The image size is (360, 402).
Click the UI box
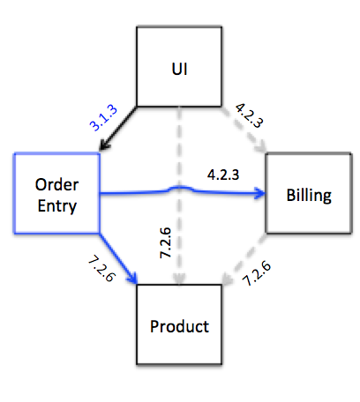point(179,67)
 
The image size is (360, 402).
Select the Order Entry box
point(56,193)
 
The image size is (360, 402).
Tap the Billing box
point(309,193)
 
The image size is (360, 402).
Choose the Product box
point(179,324)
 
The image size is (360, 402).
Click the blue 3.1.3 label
point(103,117)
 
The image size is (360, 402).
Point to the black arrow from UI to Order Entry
point(118,129)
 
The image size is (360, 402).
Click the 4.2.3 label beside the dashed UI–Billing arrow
point(249,115)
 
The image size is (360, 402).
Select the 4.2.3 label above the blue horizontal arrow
point(223,175)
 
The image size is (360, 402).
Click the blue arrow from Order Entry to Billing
point(183,191)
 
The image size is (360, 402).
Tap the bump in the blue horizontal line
point(179,187)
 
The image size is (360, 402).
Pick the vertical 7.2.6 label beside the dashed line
point(165,242)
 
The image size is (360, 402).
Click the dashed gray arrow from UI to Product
point(179,196)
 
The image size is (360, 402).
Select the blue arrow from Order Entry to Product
point(118,259)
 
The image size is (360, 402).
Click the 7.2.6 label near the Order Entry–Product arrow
point(102,269)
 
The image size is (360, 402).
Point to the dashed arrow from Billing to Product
point(244,259)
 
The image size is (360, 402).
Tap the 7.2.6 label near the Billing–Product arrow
point(257,273)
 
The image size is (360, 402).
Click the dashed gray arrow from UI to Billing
point(244,130)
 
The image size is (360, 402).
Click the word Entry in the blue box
point(57,206)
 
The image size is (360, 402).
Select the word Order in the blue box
point(56,185)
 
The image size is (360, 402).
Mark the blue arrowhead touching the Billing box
point(260,193)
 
